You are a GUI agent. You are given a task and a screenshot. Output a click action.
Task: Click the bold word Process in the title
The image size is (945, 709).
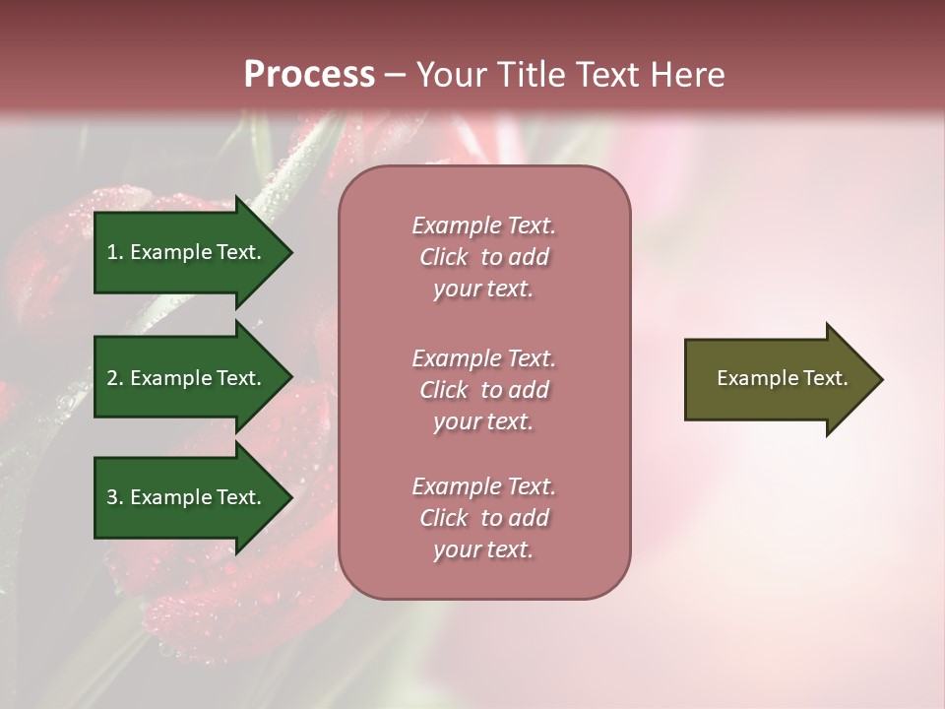(x=309, y=75)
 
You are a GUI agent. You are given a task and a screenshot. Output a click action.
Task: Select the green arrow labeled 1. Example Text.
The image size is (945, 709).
(x=187, y=252)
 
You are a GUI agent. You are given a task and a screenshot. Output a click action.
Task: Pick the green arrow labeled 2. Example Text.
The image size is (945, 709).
(x=187, y=378)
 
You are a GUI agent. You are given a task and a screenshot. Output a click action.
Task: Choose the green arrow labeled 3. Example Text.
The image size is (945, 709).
(x=187, y=497)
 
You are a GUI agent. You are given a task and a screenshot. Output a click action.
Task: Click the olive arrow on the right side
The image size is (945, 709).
(x=778, y=379)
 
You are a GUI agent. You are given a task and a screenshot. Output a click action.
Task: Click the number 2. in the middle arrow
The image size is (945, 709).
(x=114, y=378)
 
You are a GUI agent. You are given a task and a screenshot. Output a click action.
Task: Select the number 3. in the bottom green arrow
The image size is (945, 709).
(x=114, y=497)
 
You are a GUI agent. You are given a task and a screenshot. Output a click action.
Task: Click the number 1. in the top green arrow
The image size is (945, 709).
(x=114, y=252)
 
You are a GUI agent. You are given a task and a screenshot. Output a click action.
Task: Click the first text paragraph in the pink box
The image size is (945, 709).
(x=483, y=257)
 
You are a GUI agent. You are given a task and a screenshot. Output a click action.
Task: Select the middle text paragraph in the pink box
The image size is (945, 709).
(x=483, y=390)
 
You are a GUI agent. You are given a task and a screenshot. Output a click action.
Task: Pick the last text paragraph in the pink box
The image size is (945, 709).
(x=483, y=518)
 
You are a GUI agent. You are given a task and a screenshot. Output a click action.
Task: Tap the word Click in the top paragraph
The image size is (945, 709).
(x=444, y=257)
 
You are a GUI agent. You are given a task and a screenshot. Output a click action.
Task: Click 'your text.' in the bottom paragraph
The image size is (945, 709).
(x=483, y=549)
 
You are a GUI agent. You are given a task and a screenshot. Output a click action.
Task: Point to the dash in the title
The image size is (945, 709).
(x=396, y=75)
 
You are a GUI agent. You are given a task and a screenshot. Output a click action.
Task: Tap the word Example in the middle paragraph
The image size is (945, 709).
(x=456, y=358)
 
